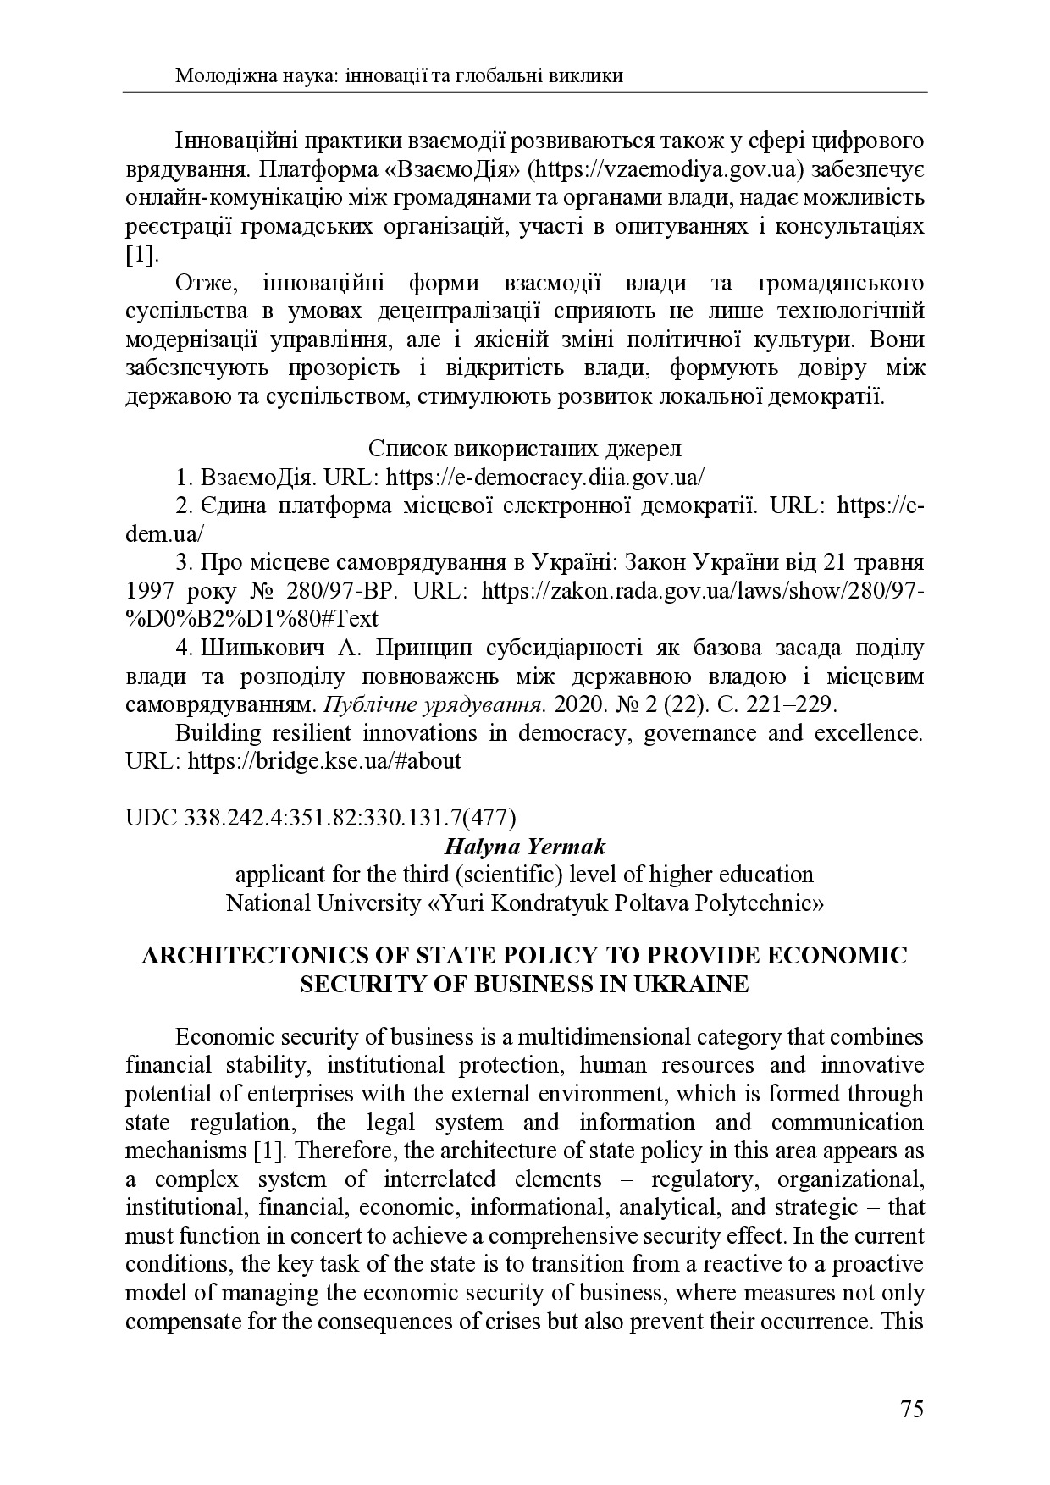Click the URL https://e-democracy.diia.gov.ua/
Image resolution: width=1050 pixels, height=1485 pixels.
point(545,477)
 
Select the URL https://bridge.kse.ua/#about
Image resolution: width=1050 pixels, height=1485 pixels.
point(324,760)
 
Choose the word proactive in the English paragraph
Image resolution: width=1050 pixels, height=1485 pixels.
point(879,1264)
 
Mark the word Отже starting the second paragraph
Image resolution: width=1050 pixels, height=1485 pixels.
point(201,282)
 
